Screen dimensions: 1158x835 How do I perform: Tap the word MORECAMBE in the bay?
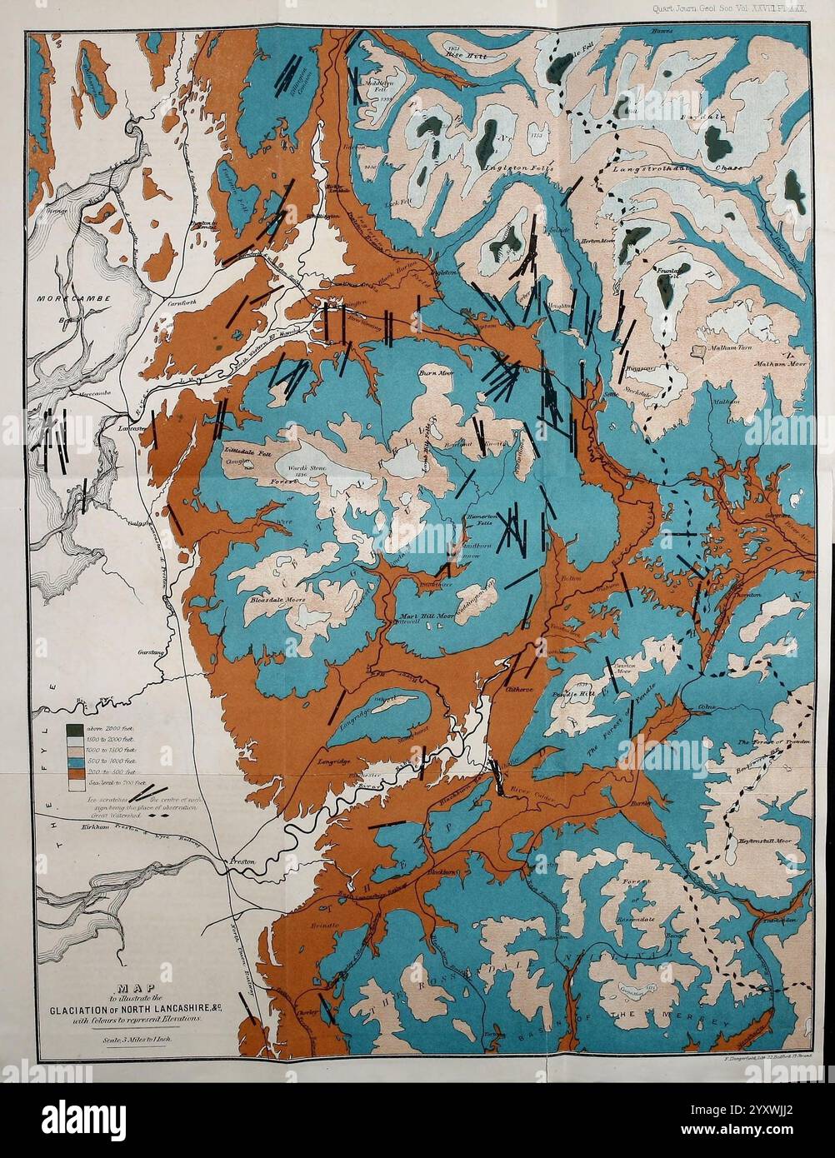[65, 297]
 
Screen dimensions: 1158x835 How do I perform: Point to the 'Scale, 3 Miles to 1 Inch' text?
[133, 1040]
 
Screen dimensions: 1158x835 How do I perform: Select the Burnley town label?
[640, 805]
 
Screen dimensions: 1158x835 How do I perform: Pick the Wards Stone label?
[307, 467]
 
